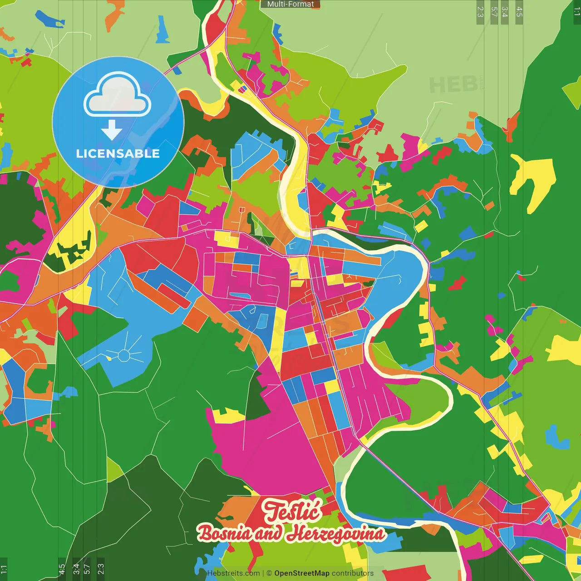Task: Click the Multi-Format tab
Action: [x=290, y=4]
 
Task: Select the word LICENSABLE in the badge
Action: [x=118, y=154]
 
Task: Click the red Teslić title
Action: [x=293, y=511]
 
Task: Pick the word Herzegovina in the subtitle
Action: [x=338, y=534]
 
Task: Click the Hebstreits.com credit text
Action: [x=233, y=573]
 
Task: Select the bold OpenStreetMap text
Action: [x=302, y=573]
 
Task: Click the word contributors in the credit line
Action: [x=353, y=573]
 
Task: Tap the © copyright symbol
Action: [x=269, y=573]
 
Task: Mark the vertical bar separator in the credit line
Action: [x=263, y=573]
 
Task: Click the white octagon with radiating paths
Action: [x=123, y=355]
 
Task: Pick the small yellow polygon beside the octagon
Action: [x=109, y=358]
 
